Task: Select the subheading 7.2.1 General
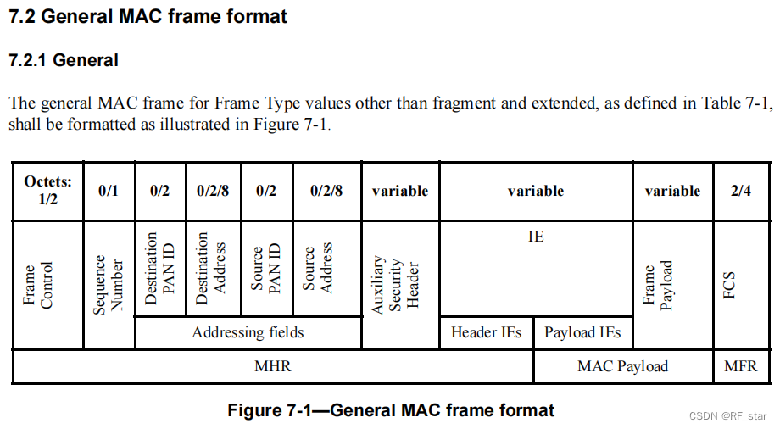tap(63, 60)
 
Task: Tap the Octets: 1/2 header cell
tap(47, 191)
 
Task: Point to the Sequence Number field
tap(109, 285)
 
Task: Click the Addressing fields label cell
tap(248, 332)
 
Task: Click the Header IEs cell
tap(487, 332)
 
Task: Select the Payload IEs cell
tap(582, 332)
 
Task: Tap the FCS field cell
tap(734, 285)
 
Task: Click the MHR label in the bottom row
tap(272, 366)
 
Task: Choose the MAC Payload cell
tap(622, 366)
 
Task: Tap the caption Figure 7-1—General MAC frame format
tap(391, 411)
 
